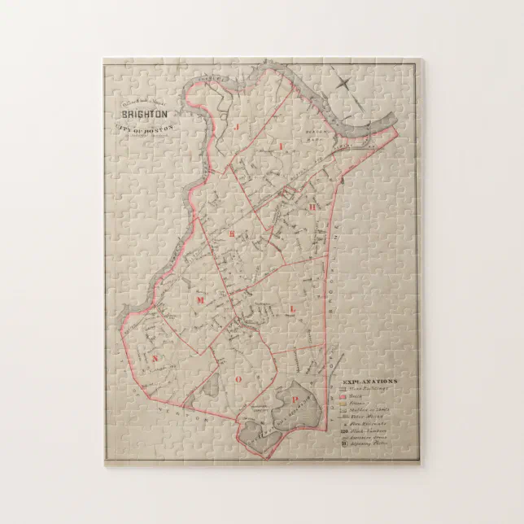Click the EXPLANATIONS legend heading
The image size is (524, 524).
369,381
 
